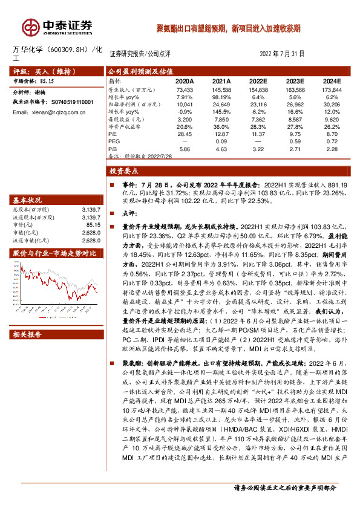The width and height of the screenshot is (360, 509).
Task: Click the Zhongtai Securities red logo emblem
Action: tap(30, 27)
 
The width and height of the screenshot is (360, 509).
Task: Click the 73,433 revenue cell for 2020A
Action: tap(184, 89)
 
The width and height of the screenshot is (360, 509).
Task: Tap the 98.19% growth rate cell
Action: tap(222, 96)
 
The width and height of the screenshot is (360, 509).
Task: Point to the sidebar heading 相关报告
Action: tap(28, 334)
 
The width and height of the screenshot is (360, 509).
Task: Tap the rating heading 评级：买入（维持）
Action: tap(36, 71)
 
